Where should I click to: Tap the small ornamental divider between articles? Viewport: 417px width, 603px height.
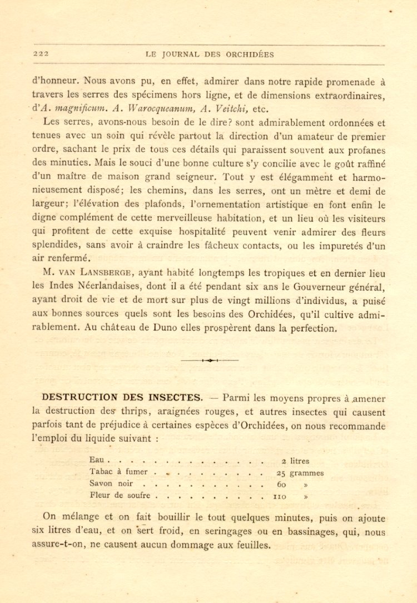pyautogui.click(x=210, y=360)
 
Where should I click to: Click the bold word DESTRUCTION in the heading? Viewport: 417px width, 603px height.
pyautogui.click(x=79, y=397)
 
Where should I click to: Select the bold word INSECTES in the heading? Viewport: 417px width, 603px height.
pyautogui.click(x=175, y=397)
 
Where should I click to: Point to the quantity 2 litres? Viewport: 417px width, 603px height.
pyautogui.click(x=295, y=461)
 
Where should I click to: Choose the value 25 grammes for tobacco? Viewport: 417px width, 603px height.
pyautogui.click(x=300, y=473)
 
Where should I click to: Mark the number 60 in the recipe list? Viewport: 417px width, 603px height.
pyautogui.click(x=281, y=484)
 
